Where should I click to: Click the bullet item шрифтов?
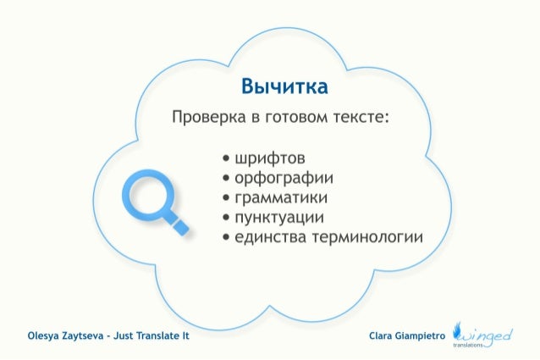[x=269, y=158]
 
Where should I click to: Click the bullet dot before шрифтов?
[x=226, y=159]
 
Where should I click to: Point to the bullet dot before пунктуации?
[x=226, y=218]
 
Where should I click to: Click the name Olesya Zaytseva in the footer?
[x=65, y=336]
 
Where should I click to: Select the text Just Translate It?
[x=153, y=336]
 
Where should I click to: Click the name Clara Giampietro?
[x=407, y=336]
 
